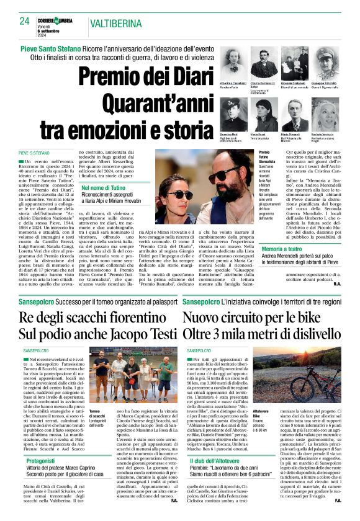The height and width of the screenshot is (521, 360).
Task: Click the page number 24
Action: point(24,21)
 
